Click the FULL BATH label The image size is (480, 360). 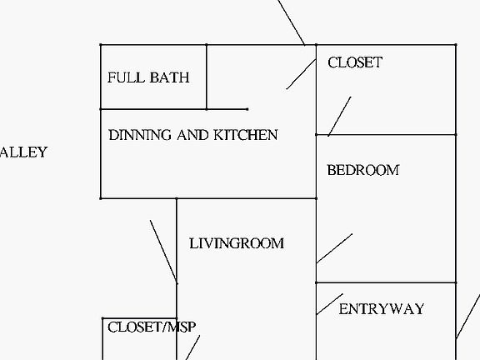[148, 77]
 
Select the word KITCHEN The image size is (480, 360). [246, 135]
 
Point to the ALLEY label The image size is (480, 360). [23, 152]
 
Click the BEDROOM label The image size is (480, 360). [363, 170]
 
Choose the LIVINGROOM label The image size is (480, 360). [237, 243]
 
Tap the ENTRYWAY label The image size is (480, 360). [382, 309]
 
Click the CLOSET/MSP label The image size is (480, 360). [152, 327]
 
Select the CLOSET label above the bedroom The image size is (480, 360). [355, 62]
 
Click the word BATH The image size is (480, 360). [170, 77]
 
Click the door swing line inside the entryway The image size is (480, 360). [330, 304]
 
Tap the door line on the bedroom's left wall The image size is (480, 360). [334, 248]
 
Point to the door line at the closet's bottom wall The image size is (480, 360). [339, 117]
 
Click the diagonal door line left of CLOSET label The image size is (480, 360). [301, 74]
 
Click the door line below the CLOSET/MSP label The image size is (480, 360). [192, 347]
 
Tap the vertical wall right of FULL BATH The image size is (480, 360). [207, 77]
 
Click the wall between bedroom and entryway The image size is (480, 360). [386, 282]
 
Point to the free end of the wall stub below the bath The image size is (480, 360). [247, 109]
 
